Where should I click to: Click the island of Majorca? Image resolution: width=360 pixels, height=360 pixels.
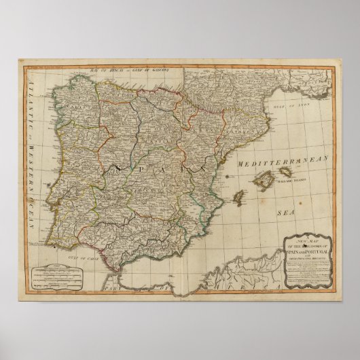(x=266, y=182)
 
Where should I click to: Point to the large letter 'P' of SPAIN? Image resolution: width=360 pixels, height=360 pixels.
(x=144, y=166)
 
